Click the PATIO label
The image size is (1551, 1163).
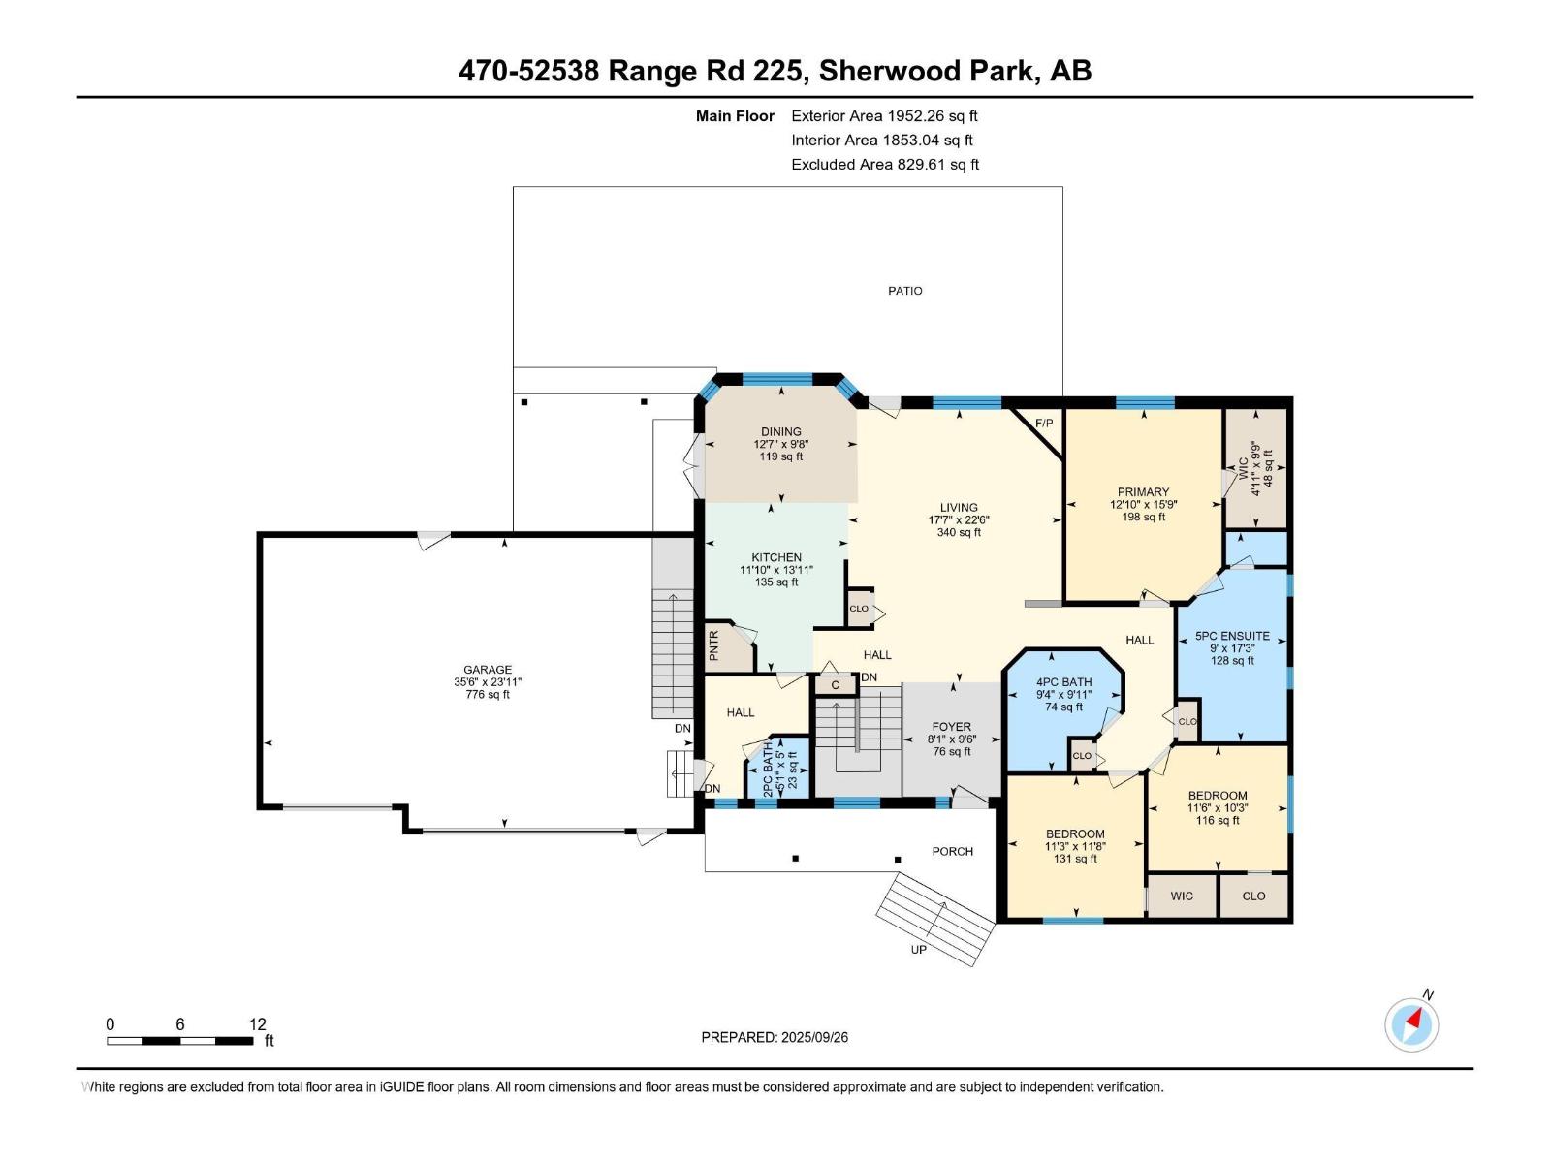tap(904, 290)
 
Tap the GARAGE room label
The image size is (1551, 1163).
tap(487, 670)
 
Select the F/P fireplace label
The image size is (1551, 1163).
tap(1044, 423)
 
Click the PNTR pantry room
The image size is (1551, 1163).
tap(729, 646)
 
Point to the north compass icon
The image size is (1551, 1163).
tap(1411, 1024)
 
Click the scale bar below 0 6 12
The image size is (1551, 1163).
tap(180, 1041)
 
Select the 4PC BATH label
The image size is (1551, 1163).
tap(1063, 682)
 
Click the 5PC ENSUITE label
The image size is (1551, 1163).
tap(1232, 636)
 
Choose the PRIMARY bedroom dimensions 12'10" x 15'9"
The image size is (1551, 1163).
tap(1143, 504)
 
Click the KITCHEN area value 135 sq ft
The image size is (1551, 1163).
tap(776, 581)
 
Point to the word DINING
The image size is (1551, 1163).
tap(780, 431)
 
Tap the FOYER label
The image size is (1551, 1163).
tap(951, 727)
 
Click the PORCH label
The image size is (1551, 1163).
tap(952, 851)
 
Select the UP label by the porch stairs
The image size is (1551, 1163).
tap(918, 950)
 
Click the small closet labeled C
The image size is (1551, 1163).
tap(836, 685)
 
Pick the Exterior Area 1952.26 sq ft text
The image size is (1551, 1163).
tap(884, 115)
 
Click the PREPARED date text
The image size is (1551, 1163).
tap(775, 1037)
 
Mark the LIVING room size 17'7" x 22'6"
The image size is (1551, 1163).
tap(958, 519)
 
